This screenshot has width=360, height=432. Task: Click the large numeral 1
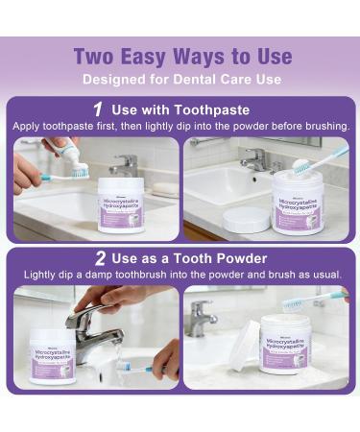pos(99,110)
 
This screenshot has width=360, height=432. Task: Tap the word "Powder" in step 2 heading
pos(240,257)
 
